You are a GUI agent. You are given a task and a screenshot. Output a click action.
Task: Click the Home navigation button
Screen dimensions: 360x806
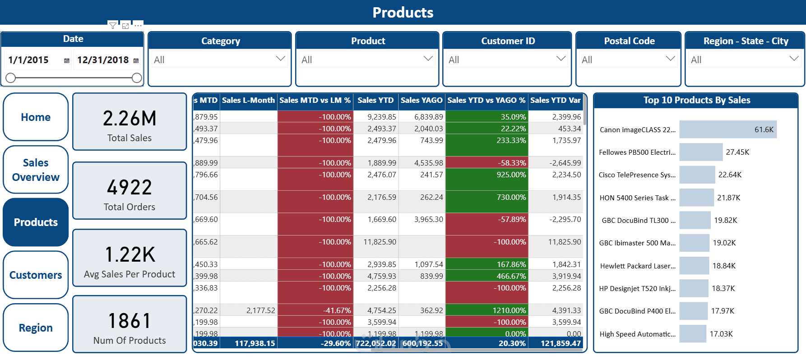pos(36,117)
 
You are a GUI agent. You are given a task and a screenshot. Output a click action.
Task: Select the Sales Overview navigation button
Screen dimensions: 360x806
pos(36,170)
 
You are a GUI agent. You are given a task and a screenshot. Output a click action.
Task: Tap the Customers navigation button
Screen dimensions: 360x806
pos(36,275)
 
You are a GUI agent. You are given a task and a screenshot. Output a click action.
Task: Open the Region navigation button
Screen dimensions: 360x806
pos(36,328)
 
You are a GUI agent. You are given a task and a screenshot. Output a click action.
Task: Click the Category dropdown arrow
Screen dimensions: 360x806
pos(280,59)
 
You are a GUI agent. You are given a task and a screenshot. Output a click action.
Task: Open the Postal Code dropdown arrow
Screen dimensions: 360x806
pos(670,59)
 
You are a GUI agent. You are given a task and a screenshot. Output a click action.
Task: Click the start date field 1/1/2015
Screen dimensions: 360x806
pos(29,60)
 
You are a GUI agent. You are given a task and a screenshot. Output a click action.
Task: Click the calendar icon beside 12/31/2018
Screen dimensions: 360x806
pos(136,60)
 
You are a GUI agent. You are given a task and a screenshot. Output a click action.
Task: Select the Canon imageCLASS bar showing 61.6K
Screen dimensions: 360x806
pos(727,129)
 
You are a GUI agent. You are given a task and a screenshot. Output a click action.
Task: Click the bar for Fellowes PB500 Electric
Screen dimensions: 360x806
pos(701,152)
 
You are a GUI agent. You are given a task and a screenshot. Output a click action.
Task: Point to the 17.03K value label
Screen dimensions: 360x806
pos(721,334)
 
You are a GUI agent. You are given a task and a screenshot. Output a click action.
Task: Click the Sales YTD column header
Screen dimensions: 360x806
pos(375,100)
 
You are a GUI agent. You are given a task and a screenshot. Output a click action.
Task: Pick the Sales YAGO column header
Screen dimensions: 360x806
pos(422,100)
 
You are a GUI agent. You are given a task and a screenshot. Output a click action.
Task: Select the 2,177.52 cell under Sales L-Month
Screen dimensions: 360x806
pos(260,310)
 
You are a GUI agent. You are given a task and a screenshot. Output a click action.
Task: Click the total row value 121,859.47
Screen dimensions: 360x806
pos(560,343)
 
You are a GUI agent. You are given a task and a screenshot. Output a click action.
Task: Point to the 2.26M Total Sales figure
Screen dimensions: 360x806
pos(130,119)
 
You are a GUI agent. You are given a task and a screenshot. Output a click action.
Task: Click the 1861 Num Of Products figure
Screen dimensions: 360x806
pos(130,321)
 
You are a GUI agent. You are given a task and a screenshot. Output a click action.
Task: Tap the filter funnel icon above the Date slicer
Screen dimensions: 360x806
pos(112,26)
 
